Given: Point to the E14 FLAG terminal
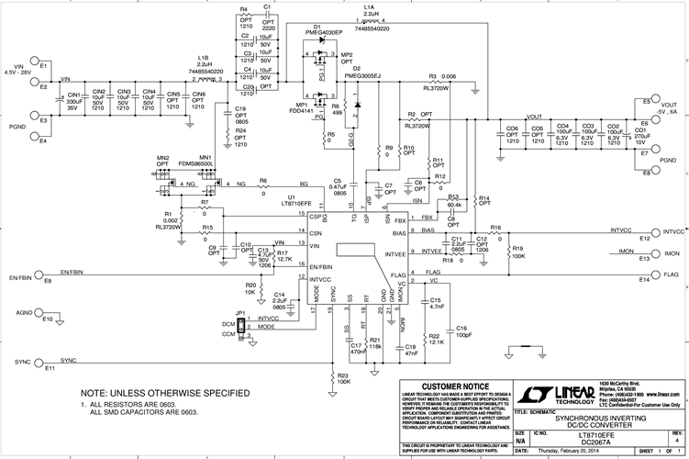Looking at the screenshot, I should coord(653,274).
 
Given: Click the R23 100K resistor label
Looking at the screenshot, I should coord(343,377).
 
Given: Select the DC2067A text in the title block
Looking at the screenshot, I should coord(601,435).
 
